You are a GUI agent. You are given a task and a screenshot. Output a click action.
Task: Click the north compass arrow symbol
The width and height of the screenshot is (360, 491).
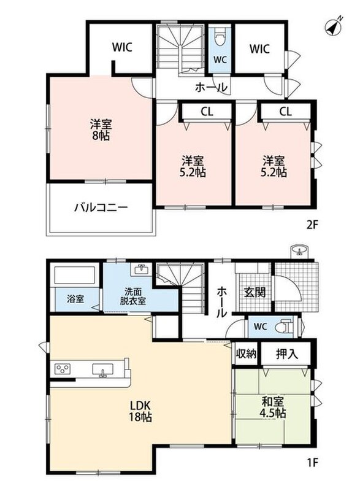(x=334, y=27)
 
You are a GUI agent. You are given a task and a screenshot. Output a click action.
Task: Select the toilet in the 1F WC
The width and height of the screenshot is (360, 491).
(x=284, y=327)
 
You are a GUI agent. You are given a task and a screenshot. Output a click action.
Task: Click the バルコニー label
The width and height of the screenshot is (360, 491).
(x=101, y=207)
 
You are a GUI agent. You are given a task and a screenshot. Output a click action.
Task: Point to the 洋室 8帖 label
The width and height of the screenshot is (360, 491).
(x=101, y=130)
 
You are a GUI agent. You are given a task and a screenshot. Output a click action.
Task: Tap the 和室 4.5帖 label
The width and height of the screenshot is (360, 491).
(x=273, y=407)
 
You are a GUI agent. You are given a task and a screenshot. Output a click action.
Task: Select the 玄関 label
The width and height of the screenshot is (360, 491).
(x=255, y=292)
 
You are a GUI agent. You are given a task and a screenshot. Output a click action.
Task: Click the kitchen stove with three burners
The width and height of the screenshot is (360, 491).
(x=63, y=369)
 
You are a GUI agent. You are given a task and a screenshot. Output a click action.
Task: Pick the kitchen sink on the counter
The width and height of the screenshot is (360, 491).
(x=102, y=369)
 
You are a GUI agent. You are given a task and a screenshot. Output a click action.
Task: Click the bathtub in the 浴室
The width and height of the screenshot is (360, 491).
(x=75, y=275)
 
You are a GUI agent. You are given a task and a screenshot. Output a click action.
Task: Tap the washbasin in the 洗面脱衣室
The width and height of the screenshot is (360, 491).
(x=143, y=269)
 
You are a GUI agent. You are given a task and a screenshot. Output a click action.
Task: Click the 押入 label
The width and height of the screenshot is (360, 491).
(x=287, y=354)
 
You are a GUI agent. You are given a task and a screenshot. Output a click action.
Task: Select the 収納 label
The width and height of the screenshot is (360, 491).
(x=246, y=354)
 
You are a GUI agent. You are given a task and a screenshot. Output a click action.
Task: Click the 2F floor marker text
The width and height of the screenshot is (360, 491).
(x=312, y=225)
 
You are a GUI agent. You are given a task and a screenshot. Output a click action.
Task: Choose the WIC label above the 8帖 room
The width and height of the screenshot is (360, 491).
(x=122, y=47)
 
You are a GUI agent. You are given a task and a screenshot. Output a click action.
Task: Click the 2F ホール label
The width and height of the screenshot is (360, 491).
(x=212, y=88)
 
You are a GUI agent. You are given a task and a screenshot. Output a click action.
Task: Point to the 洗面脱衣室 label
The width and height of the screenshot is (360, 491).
(x=133, y=296)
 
